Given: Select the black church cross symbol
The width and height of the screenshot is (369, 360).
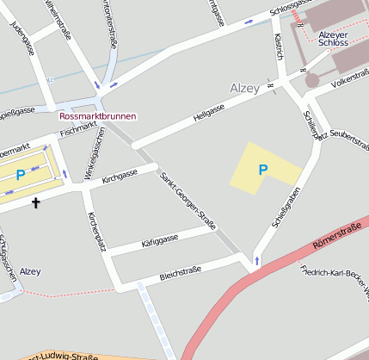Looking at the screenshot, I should pyautogui.click(x=36, y=203).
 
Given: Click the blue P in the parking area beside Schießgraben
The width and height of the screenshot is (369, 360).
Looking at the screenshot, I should pyautogui.click(x=263, y=171).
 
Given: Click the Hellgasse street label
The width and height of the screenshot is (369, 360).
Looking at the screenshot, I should pyautogui.click(x=209, y=111).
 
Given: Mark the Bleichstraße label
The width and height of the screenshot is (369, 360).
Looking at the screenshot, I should pyautogui.click(x=180, y=274).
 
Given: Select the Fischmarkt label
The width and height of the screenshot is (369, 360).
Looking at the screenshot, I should pyautogui.click(x=79, y=130).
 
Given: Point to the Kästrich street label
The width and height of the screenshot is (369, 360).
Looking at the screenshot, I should pyautogui.click(x=277, y=48).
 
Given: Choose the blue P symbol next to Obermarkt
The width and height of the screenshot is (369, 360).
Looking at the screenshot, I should pyautogui.click(x=20, y=175).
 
